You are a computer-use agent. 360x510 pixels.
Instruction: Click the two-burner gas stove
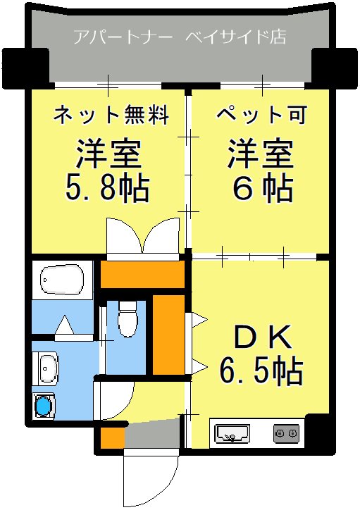[x=286, y=432]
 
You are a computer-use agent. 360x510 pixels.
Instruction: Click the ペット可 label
[x=261, y=114]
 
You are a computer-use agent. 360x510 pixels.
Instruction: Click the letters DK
[x=261, y=339]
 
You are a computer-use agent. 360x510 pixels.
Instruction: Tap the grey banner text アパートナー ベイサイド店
[x=180, y=37]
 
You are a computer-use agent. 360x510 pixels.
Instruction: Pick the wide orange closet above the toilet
[x=142, y=274]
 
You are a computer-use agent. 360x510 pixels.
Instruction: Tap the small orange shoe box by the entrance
[x=111, y=436]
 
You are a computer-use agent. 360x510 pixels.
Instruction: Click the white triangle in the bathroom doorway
[x=64, y=326]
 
